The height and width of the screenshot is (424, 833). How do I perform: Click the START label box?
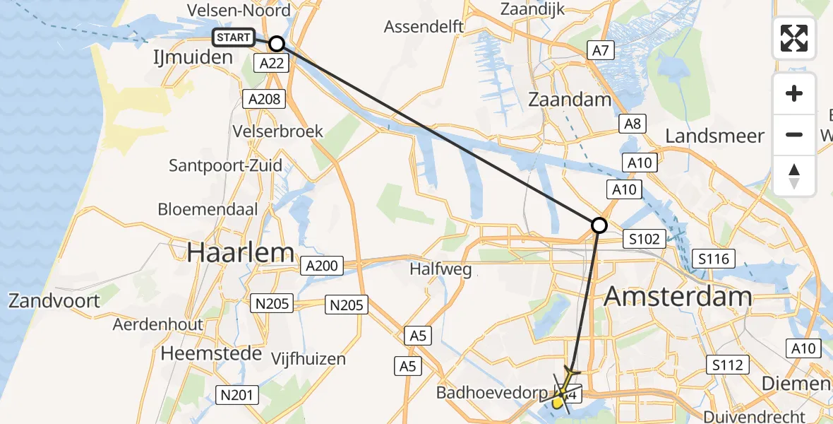tap(234, 37)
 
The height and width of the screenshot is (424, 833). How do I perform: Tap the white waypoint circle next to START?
tap(277, 44)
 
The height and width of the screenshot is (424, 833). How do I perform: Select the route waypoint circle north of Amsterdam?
tap(599, 225)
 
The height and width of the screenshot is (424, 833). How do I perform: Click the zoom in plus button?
tap(794, 94)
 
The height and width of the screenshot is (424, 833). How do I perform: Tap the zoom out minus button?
tap(794, 134)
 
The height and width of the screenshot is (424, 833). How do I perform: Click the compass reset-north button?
tap(794, 175)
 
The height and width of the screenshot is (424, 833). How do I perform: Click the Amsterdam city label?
tap(678, 296)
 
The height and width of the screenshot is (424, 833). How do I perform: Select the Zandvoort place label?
tap(54, 300)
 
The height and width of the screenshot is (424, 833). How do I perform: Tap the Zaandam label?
tap(570, 99)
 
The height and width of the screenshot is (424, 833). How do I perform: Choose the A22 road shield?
tap(272, 64)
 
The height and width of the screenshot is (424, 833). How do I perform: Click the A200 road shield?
tap(322, 266)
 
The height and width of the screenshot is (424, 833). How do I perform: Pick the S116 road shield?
tap(713, 259)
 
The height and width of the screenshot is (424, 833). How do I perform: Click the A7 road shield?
tap(601, 50)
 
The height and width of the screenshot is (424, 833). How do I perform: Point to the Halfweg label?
tap(441, 270)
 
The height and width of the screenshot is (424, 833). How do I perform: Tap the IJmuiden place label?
tap(193, 57)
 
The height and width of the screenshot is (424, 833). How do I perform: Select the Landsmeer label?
tap(715, 136)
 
